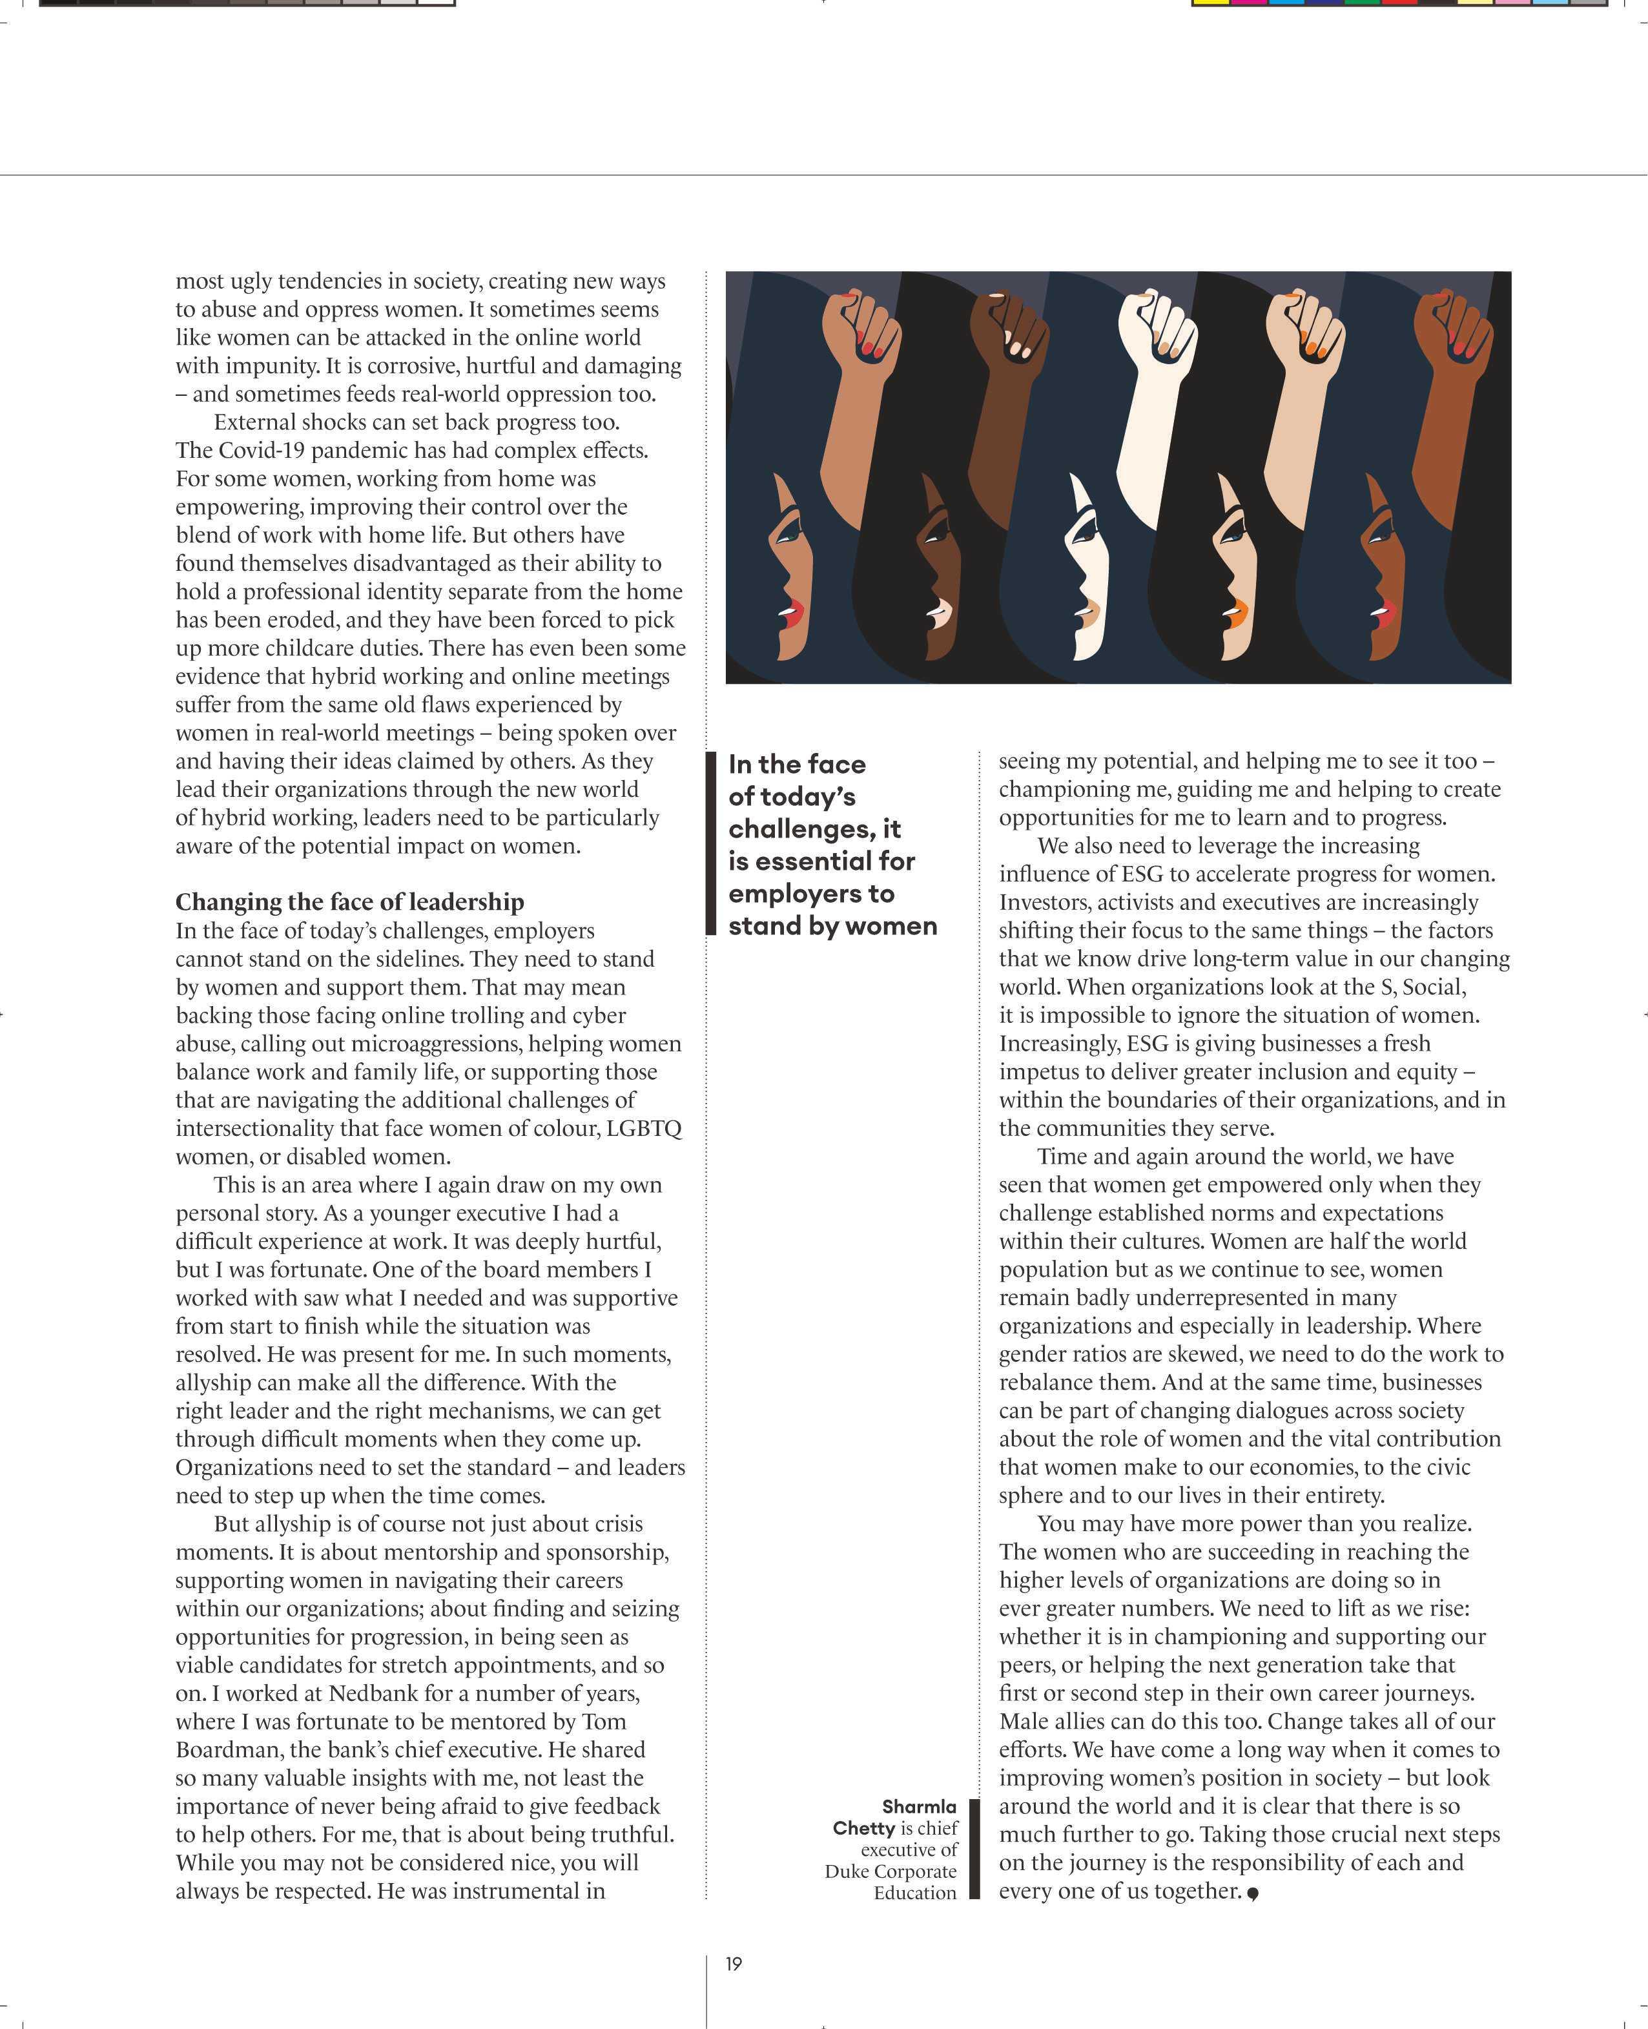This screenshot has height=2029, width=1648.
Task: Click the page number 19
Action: pos(734,1964)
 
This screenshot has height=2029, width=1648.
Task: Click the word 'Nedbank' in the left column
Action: pos(371,1693)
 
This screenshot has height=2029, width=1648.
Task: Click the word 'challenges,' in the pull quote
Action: pos(814,829)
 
